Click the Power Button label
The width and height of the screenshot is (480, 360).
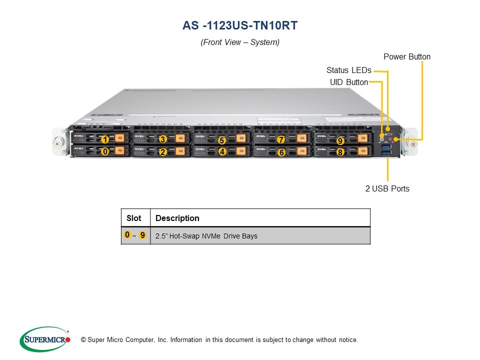[x=406, y=56]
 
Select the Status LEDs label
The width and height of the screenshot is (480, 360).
[x=348, y=70]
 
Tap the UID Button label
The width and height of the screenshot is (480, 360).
[x=348, y=82]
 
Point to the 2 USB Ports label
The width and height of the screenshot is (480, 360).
[x=387, y=188]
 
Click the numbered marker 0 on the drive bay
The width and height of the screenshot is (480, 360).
[x=105, y=151]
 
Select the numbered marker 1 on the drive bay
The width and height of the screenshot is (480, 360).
[x=105, y=139]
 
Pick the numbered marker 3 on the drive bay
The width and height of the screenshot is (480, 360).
[x=162, y=139]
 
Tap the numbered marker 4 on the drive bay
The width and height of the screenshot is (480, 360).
[x=222, y=151]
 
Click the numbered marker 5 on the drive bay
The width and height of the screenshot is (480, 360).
[x=222, y=140]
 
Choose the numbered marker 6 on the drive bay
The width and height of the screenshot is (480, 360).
[x=281, y=152]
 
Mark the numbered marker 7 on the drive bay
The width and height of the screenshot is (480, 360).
[x=281, y=139]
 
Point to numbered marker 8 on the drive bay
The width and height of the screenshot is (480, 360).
[x=340, y=152]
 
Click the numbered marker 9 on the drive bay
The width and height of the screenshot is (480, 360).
[x=340, y=141]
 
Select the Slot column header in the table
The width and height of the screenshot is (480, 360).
[x=134, y=218]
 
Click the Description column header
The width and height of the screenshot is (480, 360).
[x=177, y=218]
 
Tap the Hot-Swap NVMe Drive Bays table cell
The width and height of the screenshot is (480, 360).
[x=206, y=235]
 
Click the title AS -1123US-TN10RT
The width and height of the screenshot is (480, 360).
[x=240, y=25]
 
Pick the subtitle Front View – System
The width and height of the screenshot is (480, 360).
[x=240, y=42]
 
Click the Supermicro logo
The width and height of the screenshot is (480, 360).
[x=45, y=339]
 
